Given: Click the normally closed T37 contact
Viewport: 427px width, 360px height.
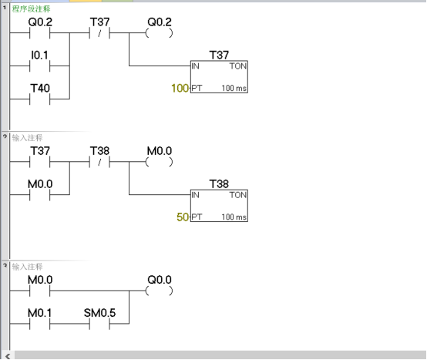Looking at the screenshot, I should tap(99, 34).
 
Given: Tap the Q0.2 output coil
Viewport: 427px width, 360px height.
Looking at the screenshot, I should tap(159, 34).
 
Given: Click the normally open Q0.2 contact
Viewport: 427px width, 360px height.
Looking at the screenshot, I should tap(39, 34).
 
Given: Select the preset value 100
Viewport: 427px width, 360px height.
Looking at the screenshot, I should tap(180, 89).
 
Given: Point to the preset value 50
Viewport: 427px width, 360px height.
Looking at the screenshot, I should tap(183, 217).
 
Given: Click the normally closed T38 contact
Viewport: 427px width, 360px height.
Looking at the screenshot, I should tap(99, 163).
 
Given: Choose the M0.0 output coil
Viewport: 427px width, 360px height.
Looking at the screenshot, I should tap(159, 163).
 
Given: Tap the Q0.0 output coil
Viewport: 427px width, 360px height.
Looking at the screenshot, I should tap(159, 291).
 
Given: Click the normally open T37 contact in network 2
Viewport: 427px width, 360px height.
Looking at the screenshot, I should tap(39, 163).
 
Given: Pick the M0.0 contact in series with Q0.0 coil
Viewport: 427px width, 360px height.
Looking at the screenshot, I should tap(39, 291).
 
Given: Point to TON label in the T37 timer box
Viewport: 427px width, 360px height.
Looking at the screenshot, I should tap(237, 67).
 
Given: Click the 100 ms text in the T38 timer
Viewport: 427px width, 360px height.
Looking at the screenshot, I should tap(234, 217).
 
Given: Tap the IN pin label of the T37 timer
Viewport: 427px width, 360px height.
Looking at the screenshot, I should tap(195, 67).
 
